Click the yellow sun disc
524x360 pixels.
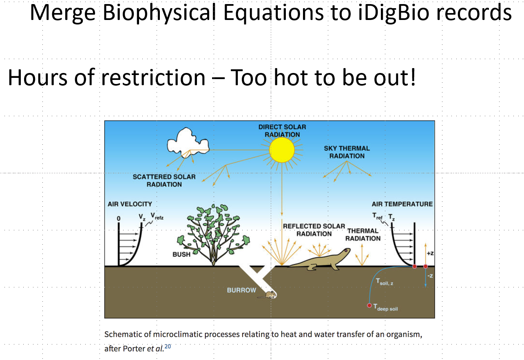282,150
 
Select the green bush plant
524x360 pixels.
213,234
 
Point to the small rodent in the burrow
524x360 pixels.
268,295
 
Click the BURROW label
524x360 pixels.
241,290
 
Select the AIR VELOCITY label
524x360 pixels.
130,204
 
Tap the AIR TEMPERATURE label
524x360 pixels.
402,204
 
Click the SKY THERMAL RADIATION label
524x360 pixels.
347,152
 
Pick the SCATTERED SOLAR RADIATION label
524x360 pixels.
164,180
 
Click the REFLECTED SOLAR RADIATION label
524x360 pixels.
314,230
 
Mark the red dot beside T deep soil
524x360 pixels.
369,305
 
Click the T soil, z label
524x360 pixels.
385,282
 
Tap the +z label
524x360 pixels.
430,253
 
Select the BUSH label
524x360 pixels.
181,254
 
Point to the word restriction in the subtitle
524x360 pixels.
153,77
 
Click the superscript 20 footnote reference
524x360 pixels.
168,346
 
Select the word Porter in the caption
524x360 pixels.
134,349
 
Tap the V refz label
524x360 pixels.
157,216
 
